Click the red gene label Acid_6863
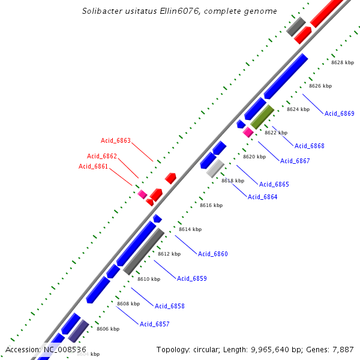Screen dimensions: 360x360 pyautogui.click(x=115, y=141)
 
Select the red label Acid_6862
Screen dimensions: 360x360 pyautogui.click(x=101, y=156)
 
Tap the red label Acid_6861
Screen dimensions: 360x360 pyautogui.click(x=93, y=166)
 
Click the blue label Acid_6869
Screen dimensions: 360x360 pyautogui.click(x=339, y=113)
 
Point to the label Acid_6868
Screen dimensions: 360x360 pyautogui.click(x=309, y=146)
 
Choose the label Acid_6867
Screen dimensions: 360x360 pyautogui.click(x=295, y=161)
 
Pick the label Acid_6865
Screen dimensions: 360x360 pyautogui.click(x=274, y=184)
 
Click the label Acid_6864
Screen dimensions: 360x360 pyautogui.click(x=263, y=197)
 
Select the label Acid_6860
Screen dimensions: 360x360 pyautogui.click(x=213, y=254)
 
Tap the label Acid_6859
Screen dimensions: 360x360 pyautogui.click(x=191, y=278)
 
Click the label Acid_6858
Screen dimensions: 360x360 pyautogui.click(x=169, y=306)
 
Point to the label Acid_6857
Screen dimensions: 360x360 pyautogui.click(x=154, y=324)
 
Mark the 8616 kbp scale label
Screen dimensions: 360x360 pyautogui.click(x=211, y=205)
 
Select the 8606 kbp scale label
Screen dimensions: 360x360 pyautogui.click(x=108, y=329)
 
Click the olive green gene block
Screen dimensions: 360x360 pyautogui.click(x=262, y=117)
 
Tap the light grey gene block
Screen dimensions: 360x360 pyautogui.click(x=215, y=168)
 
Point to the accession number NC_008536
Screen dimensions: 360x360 pyautogui.click(x=65, y=349)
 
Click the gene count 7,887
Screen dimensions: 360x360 pyautogui.click(x=342, y=349)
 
